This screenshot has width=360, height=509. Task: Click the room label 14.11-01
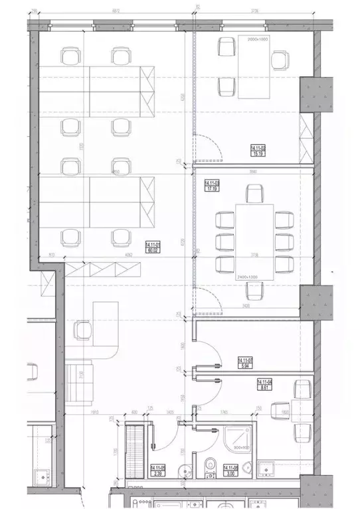(x=153, y=246)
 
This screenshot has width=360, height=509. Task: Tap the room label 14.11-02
(x=258, y=151)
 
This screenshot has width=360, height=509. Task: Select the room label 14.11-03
(x=213, y=186)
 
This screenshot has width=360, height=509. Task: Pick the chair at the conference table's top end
(x=254, y=194)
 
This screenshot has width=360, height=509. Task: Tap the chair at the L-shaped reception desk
(x=83, y=330)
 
